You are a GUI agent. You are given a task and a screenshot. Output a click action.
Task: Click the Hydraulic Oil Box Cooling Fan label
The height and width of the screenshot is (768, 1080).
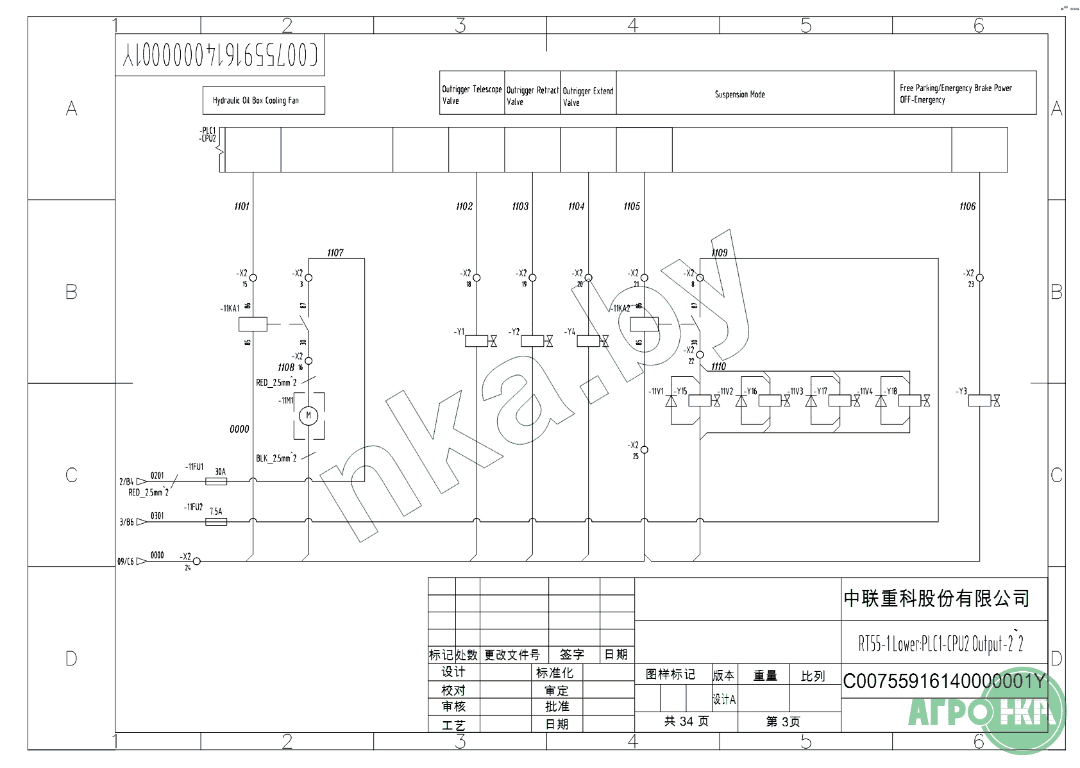[x=256, y=101]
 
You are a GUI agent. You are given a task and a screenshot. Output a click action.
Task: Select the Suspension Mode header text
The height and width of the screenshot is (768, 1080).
[x=739, y=95]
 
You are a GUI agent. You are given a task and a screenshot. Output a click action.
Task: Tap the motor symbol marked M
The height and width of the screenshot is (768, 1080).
[x=308, y=415]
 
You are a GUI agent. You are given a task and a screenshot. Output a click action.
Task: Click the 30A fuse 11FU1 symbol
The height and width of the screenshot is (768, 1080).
[x=216, y=481]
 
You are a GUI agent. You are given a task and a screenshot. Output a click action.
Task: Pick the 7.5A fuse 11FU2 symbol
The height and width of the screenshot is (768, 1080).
[x=216, y=522]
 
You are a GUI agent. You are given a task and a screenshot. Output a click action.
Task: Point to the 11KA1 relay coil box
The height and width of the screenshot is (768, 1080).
[x=253, y=324]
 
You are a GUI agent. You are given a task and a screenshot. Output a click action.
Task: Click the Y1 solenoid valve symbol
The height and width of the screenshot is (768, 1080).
[x=477, y=341]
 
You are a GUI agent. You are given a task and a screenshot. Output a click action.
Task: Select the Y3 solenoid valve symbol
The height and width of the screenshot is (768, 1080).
[x=981, y=401]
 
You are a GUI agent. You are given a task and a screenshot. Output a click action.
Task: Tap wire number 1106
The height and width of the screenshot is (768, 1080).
[x=967, y=206]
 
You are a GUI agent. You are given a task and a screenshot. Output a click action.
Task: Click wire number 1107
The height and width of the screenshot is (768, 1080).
[x=335, y=253]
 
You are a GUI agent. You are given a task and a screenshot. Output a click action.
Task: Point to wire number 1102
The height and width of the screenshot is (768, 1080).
[x=464, y=206]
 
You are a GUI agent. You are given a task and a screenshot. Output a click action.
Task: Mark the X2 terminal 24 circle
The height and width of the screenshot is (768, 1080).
[x=197, y=561]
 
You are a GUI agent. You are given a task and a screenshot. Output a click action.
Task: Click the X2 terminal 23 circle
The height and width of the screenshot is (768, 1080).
[x=979, y=278]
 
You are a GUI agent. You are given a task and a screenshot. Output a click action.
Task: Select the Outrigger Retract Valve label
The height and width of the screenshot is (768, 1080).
[x=532, y=96]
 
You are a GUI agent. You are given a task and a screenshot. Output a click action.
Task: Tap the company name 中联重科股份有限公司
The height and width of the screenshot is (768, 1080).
[x=936, y=599]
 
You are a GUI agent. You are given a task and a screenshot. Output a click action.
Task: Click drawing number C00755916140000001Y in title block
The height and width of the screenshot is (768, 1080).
[x=943, y=681]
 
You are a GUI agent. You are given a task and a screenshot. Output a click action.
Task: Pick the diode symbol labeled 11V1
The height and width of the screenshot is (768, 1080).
[x=671, y=401]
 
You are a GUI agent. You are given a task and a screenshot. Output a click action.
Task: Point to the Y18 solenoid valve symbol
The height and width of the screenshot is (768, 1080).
[x=910, y=401]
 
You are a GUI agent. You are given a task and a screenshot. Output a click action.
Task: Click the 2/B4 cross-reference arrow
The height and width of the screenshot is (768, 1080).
[x=141, y=481]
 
